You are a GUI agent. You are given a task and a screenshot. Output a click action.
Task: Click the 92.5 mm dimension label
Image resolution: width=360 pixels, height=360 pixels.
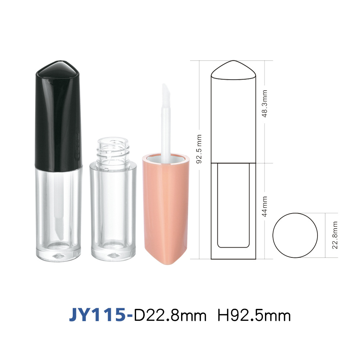click(199, 149)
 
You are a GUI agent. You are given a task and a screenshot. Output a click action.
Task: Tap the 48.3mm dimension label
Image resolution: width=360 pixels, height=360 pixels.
click(265, 104)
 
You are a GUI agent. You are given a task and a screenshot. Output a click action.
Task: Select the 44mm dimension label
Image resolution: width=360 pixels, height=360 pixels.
click(265, 206)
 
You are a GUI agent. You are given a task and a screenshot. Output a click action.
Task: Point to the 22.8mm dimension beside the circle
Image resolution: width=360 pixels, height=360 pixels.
click(335, 235)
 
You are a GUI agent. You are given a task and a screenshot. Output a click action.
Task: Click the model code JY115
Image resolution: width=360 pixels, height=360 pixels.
click(98, 315)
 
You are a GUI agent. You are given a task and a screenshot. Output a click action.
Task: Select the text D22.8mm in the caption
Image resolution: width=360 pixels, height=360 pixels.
click(170, 315)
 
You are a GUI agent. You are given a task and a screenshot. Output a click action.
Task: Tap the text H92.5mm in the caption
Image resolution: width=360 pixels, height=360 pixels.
click(254, 315)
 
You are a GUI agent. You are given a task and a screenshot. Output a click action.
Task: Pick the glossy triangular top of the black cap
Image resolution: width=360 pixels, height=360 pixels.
click(59, 69)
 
